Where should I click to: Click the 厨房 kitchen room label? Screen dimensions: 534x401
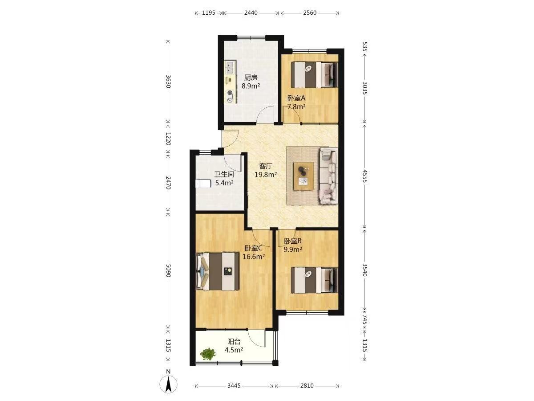coord(251,78)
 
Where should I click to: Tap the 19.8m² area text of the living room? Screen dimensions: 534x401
coord(266,175)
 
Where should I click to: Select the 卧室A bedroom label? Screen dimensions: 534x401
coord(296,98)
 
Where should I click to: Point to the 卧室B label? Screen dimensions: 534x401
coord(293,241)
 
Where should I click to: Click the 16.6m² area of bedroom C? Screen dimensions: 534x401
coord(254,256)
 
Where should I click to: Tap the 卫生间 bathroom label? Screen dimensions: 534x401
coord(224,174)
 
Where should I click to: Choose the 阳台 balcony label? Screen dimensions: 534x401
coord(234,342)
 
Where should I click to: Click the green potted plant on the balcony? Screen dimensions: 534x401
coord(208,353)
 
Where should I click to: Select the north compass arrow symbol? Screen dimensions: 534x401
coord(168,385)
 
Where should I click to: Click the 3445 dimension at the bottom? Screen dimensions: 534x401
coord(234,386)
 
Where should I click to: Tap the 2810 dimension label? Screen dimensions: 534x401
coord(307,386)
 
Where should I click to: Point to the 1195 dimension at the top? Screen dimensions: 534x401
coord(209,12)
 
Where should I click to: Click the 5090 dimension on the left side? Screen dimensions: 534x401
coord(168,270)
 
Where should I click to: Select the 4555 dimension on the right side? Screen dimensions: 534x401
coord(364,176)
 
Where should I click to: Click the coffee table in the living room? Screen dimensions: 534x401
coord(303,176)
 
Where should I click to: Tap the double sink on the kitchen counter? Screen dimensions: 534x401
coord(60,67)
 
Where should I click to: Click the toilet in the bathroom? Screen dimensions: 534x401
coord(203,184)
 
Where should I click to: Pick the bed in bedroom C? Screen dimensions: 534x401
coord(218,271)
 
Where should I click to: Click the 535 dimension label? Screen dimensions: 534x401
coord(364,47)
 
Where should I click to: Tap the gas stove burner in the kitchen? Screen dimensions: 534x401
coord(60,96)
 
